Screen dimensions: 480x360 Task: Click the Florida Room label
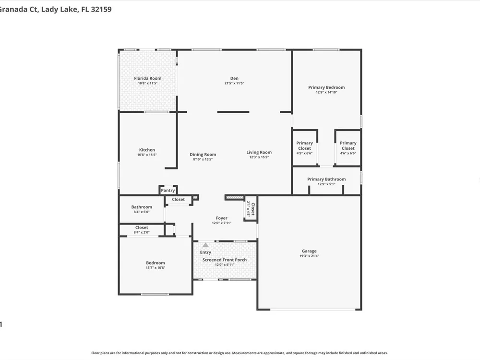pos(147,78)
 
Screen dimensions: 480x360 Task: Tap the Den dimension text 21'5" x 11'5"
pos(234,83)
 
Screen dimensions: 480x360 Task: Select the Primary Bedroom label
pos(326,87)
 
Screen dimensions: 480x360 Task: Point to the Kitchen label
pos(147,150)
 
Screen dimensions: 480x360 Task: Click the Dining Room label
pos(203,155)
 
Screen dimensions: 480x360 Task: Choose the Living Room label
pos(259,153)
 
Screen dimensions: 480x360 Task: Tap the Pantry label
pos(168,191)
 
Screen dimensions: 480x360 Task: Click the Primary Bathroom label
pos(326,180)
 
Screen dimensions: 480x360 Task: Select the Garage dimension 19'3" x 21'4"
pos(309,256)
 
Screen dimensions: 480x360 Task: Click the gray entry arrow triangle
pos(205,245)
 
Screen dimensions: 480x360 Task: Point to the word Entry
pos(205,252)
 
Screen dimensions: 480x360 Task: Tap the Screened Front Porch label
pos(224,260)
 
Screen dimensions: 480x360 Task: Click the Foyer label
pos(222,218)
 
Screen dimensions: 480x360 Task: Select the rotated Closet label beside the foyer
pos(253,209)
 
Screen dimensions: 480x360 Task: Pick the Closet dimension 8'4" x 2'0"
pos(142,232)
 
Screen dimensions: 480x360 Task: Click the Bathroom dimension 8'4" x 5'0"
pos(142,212)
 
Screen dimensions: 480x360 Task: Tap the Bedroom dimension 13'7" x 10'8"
pos(156,268)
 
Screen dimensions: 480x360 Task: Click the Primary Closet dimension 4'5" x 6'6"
pos(304,154)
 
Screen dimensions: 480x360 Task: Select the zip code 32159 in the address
pos(101,9)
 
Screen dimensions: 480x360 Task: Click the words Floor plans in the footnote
pos(98,353)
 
